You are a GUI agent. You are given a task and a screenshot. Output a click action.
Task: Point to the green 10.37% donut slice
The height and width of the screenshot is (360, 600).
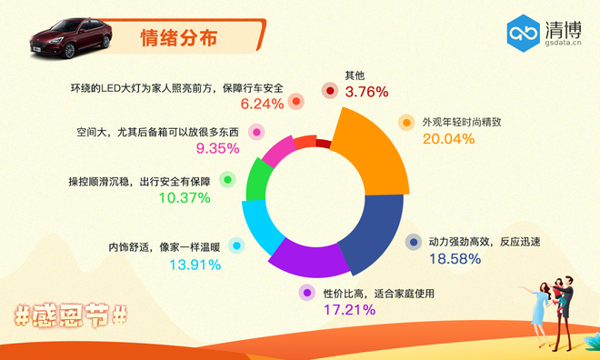click(x=258, y=182)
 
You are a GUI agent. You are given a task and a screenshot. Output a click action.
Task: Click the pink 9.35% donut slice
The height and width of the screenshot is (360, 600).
click(x=277, y=154)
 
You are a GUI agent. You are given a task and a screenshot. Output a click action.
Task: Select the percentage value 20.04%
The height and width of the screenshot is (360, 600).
click(x=449, y=138)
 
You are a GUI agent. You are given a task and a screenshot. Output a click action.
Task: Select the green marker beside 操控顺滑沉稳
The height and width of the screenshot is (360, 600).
click(x=227, y=181)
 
